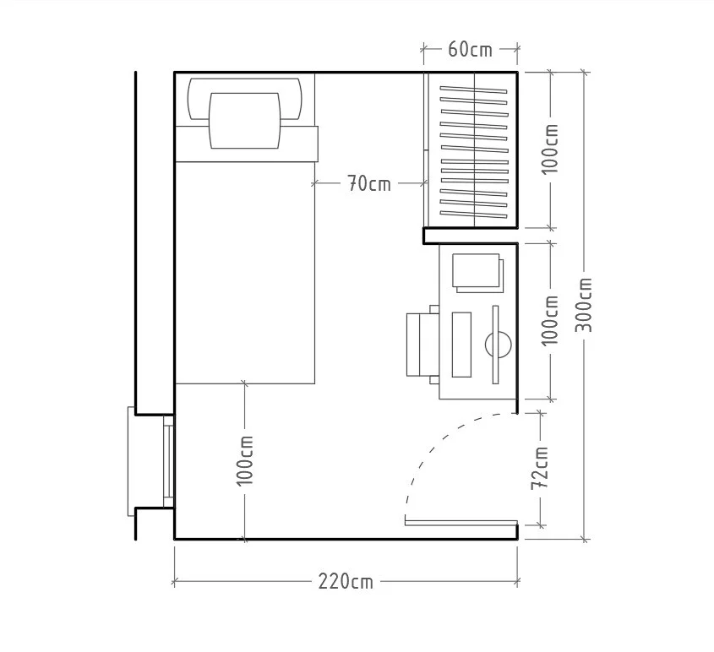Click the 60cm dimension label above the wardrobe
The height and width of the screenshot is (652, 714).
470,49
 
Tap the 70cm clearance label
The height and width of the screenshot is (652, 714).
369,184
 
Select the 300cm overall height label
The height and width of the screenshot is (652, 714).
584,305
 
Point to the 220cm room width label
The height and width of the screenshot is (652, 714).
346,581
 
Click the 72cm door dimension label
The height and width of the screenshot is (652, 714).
540,468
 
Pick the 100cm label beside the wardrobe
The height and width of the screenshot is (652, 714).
550,149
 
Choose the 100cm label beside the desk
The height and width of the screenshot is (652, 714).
550,321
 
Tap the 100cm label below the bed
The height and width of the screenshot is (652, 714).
244,460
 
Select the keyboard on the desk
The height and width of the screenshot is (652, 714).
461,345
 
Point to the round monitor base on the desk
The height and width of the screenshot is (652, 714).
499,345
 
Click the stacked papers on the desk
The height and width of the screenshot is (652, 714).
478,273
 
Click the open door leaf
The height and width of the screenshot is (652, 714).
461,523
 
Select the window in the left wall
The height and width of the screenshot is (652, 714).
168,461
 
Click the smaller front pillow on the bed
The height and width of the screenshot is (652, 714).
244,121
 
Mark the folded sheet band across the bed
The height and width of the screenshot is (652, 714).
247,144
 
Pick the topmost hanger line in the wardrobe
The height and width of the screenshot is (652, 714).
473,90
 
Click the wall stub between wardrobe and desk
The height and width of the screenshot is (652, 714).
471,236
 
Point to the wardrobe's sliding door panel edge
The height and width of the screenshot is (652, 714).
426,149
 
